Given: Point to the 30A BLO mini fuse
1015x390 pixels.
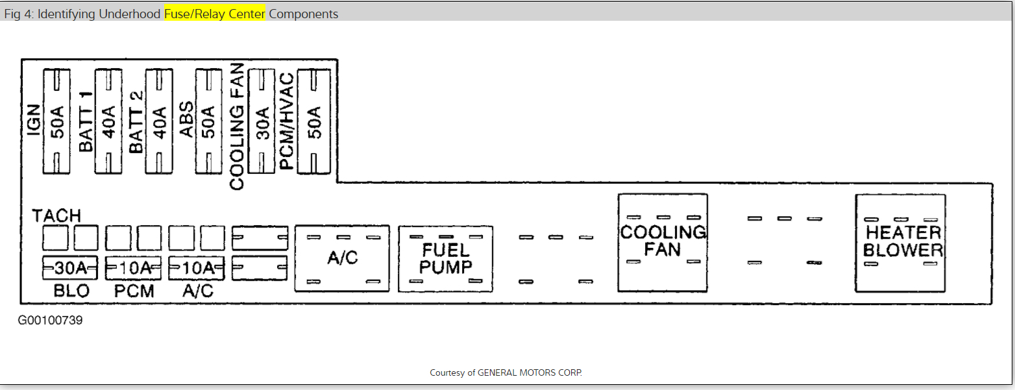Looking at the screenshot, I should (x=69, y=267).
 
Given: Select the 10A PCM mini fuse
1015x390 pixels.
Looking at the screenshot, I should (x=133, y=267).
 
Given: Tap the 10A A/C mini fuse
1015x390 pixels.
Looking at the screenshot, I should (x=197, y=267).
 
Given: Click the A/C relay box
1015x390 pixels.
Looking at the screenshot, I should (x=342, y=258).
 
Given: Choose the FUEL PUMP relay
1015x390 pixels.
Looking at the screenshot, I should (x=445, y=258).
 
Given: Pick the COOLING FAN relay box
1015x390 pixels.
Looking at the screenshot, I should (x=663, y=242).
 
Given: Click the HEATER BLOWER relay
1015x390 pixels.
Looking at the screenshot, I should (x=901, y=242).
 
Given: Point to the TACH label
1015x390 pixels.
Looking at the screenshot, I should (x=57, y=216).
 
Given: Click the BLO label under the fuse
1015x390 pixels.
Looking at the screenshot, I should (x=71, y=291).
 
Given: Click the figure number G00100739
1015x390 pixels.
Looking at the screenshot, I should (x=51, y=321).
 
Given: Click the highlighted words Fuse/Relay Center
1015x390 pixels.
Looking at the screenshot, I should (x=215, y=14).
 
